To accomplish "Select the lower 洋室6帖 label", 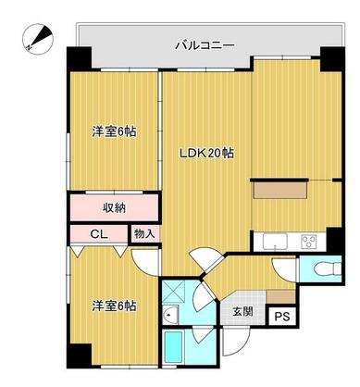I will pyautogui.click(x=113, y=306).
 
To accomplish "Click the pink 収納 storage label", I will pyautogui.click(x=114, y=206).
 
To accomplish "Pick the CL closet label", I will pyautogui.click(x=99, y=233).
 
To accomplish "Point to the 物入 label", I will pyautogui.click(x=143, y=233).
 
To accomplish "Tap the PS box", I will pyautogui.click(x=280, y=315).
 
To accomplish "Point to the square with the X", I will pyautogui.click(x=173, y=292).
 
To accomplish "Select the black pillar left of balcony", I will pyautogui.click(x=78, y=56).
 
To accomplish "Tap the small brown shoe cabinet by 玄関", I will pyautogui.click(x=275, y=294).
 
